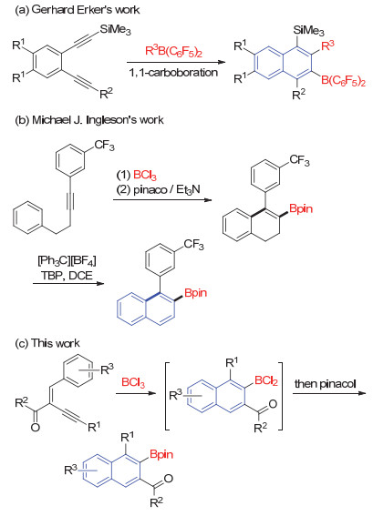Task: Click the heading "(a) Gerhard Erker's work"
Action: click(78, 9)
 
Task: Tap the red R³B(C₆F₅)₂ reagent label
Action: click(174, 51)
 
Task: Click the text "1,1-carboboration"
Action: click(174, 72)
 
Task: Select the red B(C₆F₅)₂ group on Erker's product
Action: click(343, 81)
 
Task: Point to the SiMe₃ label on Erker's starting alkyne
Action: click(116, 29)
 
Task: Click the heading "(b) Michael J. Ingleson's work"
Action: click(89, 120)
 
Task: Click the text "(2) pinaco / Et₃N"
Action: click(159, 190)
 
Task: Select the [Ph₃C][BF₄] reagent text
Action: click(67, 261)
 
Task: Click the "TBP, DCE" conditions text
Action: click(67, 275)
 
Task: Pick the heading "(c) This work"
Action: click(47, 343)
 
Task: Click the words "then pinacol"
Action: click(326, 384)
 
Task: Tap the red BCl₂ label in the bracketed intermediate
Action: click(266, 381)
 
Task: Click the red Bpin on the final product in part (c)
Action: click(161, 454)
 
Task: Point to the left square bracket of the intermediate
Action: click(167, 396)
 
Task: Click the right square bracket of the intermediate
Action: click(281, 396)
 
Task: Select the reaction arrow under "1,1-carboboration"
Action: click(176, 62)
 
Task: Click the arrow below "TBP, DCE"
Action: click(68, 283)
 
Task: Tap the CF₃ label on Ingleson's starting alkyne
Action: click(105, 145)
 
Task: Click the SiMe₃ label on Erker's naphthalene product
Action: click(308, 31)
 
